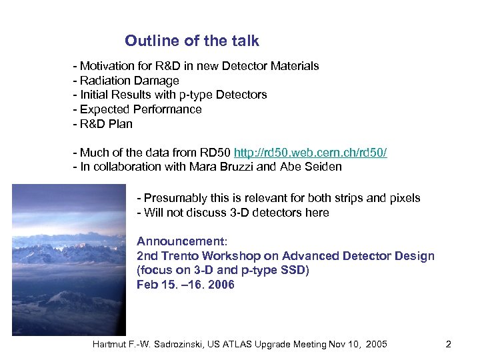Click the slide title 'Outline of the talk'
coord(191,41)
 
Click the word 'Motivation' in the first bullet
coord(106,66)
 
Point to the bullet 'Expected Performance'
coord(141,109)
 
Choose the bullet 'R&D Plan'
coord(106,124)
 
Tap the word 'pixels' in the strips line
coord(402,198)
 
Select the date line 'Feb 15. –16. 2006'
coord(185,285)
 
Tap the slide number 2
coord(449,344)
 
